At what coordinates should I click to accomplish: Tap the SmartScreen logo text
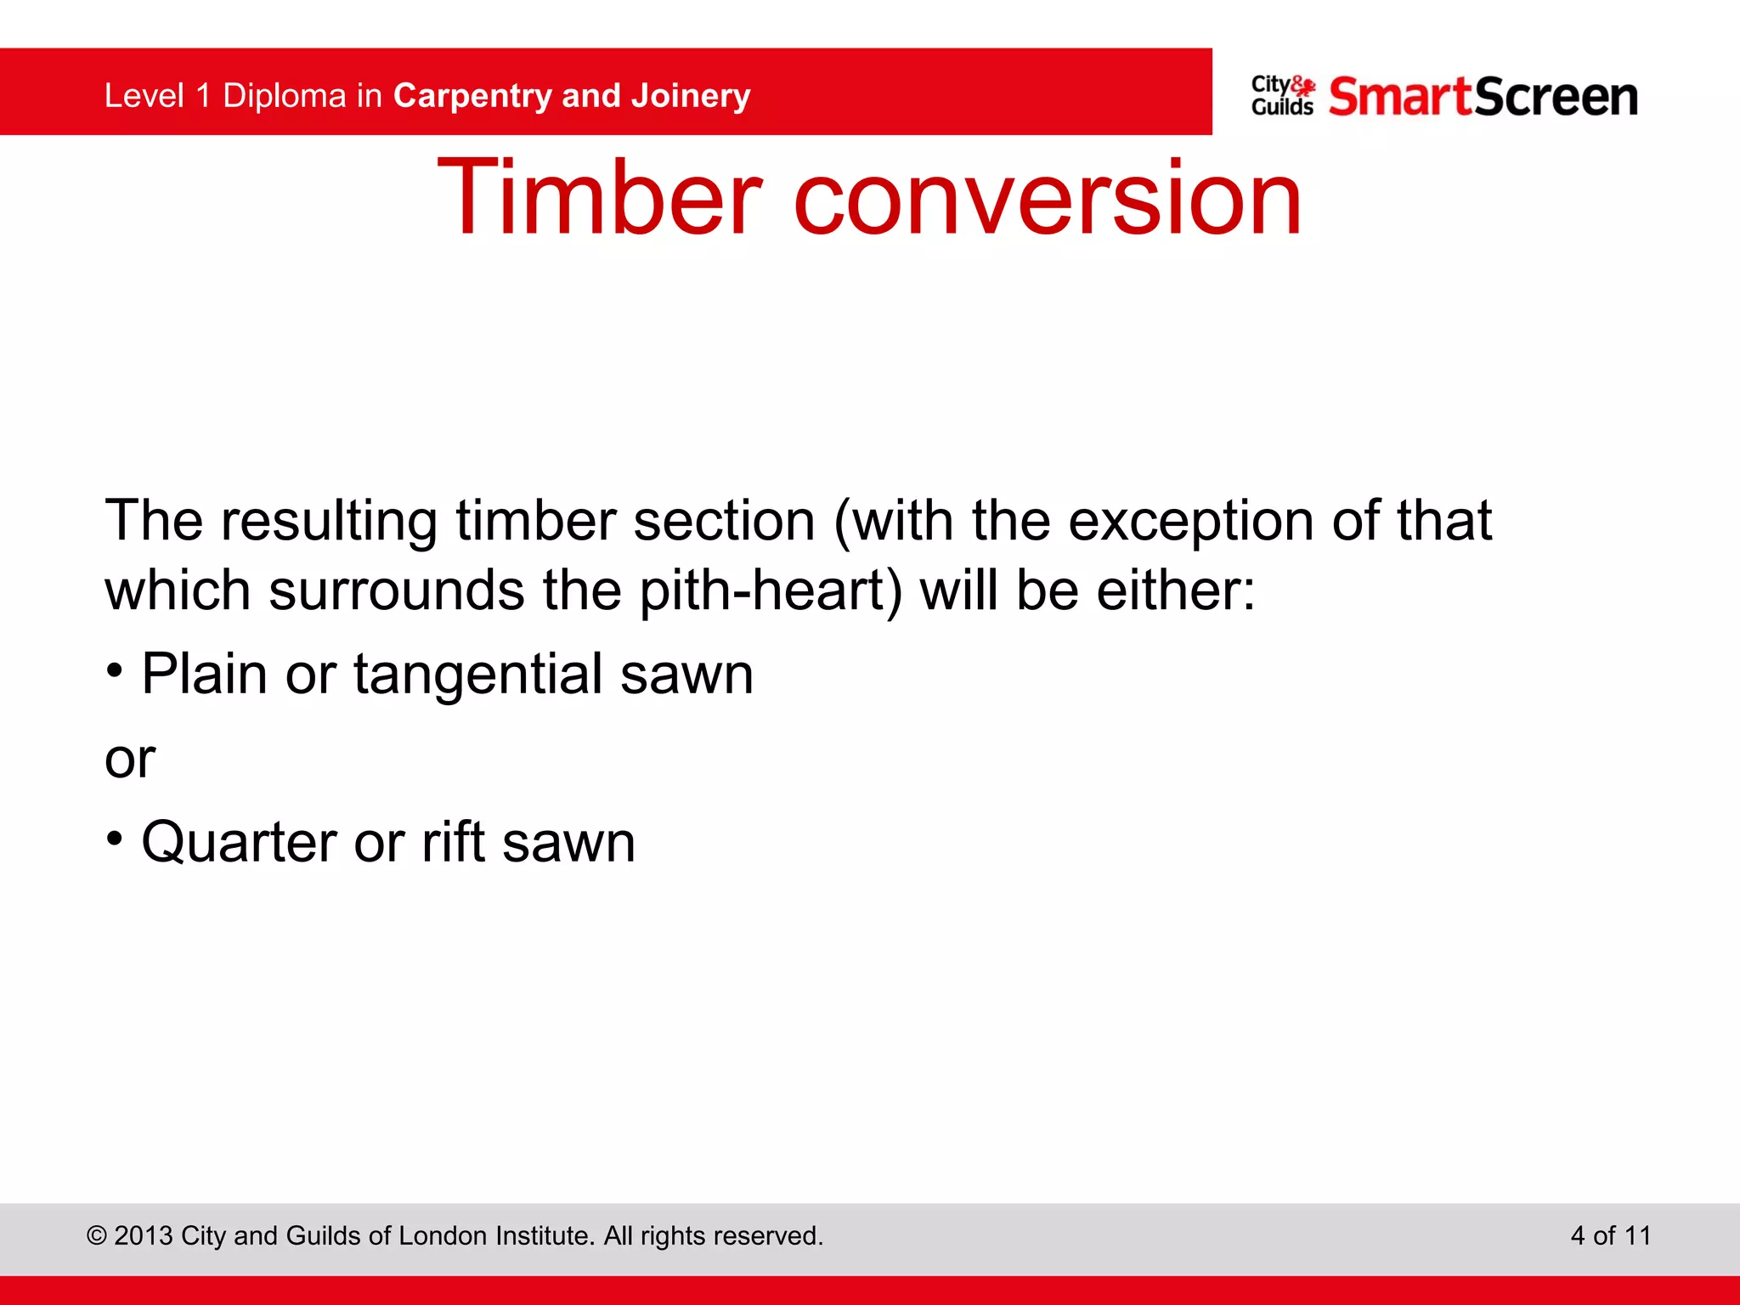point(1483,96)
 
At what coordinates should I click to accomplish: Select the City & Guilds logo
point(1282,95)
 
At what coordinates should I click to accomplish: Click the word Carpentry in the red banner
point(472,96)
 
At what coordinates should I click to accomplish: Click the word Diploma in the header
point(284,96)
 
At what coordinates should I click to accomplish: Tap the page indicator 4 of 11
point(1610,1235)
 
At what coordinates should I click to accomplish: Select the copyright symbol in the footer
point(97,1235)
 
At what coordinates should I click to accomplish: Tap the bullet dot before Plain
point(116,671)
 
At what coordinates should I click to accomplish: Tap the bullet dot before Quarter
point(116,839)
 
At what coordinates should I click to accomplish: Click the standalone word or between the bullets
point(130,760)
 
